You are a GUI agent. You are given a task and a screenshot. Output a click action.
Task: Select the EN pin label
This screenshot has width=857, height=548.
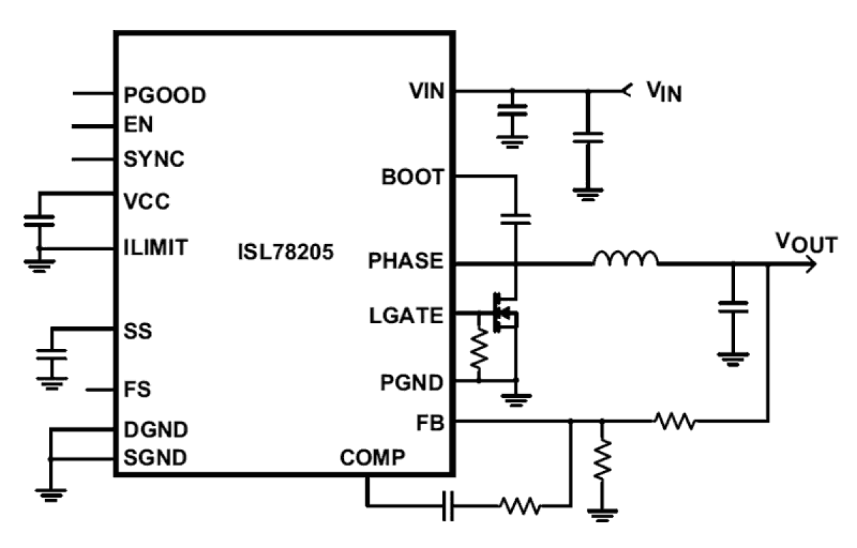coord(139,125)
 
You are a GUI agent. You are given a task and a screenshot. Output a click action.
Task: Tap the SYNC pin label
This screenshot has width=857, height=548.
coord(154,159)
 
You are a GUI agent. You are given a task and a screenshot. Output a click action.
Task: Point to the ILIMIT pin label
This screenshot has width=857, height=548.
coord(155,246)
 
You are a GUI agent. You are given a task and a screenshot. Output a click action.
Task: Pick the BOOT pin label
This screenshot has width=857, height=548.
coord(413,178)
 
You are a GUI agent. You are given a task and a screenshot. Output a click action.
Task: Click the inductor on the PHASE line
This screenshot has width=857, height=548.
coord(626,259)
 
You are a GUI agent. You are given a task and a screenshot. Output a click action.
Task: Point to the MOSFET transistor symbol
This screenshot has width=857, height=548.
coord(504,314)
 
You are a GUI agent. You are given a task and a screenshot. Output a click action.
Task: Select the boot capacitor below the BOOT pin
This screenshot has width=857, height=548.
coord(516,219)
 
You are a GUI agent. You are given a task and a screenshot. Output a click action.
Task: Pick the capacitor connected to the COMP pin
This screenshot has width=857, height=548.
coord(448,506)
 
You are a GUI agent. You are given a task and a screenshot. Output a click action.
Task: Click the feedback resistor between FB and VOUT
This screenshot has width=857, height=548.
coord(675,422)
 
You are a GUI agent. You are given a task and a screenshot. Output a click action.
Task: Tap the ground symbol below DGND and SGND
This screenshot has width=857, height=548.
coord(50,494)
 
